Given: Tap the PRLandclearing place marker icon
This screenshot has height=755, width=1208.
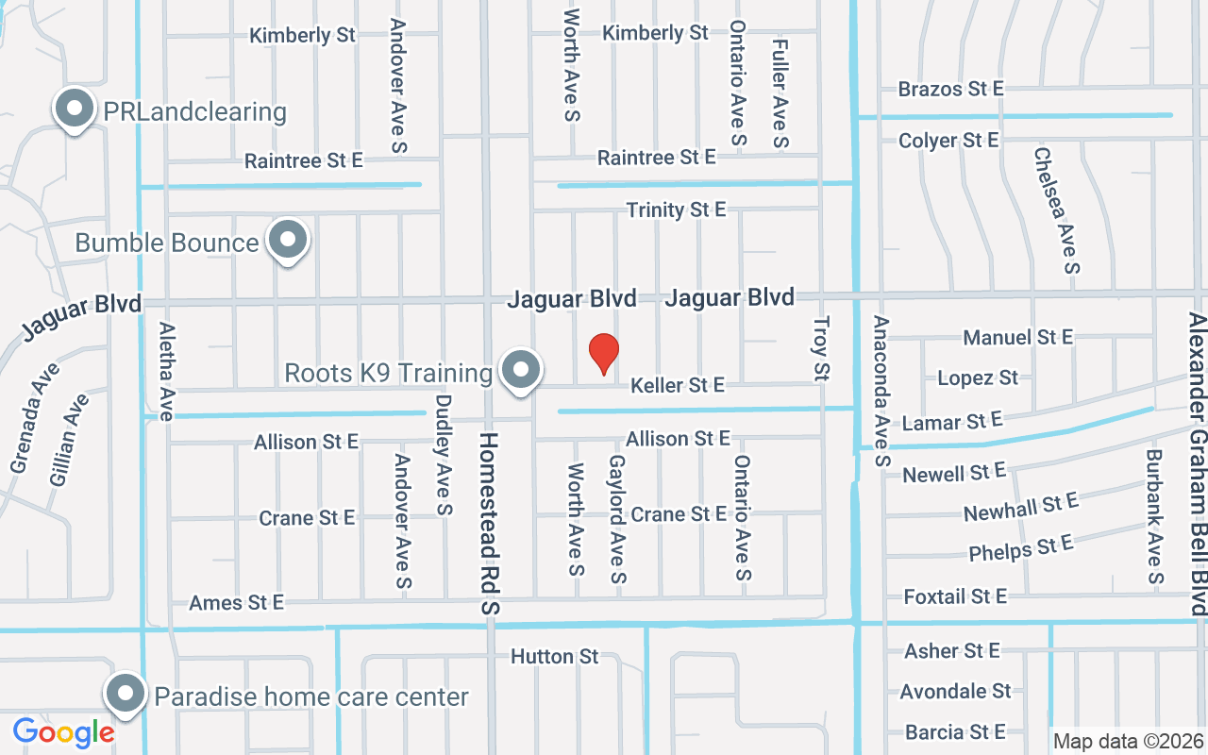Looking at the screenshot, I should (74, 109).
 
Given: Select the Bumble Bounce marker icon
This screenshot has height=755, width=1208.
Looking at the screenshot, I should (288, 241).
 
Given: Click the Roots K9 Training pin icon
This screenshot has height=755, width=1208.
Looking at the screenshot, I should (519, 371).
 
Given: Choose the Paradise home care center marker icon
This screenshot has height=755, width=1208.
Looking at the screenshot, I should (125, 696).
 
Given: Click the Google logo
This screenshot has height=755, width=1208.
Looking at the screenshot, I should (63, 731).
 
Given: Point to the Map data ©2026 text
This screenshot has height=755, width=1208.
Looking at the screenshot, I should (1128, 741).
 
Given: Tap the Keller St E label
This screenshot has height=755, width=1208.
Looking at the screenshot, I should (678, 385).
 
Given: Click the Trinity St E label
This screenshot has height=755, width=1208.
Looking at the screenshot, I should (677, 210).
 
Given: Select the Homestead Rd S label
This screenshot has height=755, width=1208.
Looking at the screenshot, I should (489, 524).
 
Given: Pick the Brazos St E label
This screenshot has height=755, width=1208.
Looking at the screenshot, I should (950, 89).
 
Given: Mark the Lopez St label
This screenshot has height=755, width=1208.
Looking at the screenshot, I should (978, 378).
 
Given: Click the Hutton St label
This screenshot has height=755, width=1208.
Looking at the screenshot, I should (555, 656).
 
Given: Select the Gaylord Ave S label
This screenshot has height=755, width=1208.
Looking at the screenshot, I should (618, 519).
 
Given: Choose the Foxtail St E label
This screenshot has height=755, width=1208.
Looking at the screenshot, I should (955, 596).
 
